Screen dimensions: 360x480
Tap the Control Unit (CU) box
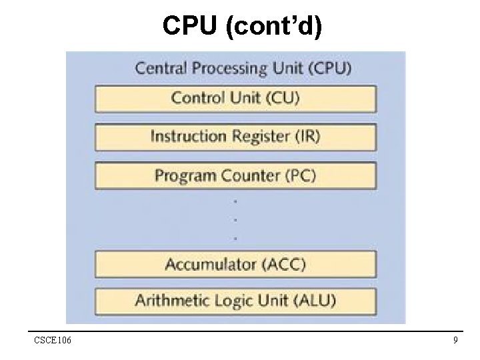tap(236, 98)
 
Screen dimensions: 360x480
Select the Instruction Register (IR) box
tap(236, 137)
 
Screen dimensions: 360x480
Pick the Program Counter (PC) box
tap(236, 176)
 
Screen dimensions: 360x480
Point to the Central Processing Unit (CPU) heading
tap(244, 67)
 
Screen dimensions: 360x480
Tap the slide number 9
tap(455, 341)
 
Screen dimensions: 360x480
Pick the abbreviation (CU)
tap(282, 98)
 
